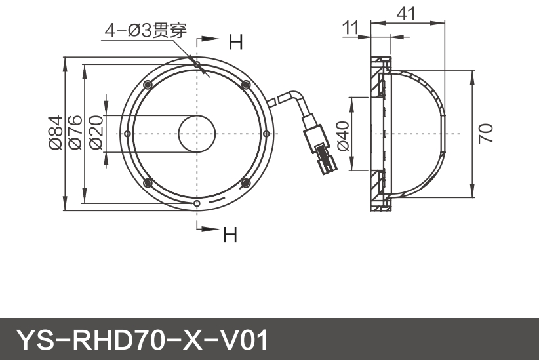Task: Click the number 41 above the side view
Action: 407,12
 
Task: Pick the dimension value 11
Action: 351,28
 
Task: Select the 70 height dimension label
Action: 485,134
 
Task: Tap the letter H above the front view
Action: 235,43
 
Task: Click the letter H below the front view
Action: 230,234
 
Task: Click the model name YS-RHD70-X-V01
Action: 142,340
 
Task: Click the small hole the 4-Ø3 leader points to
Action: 197,64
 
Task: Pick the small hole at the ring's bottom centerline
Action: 197,203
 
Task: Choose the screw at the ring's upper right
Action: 247,84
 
